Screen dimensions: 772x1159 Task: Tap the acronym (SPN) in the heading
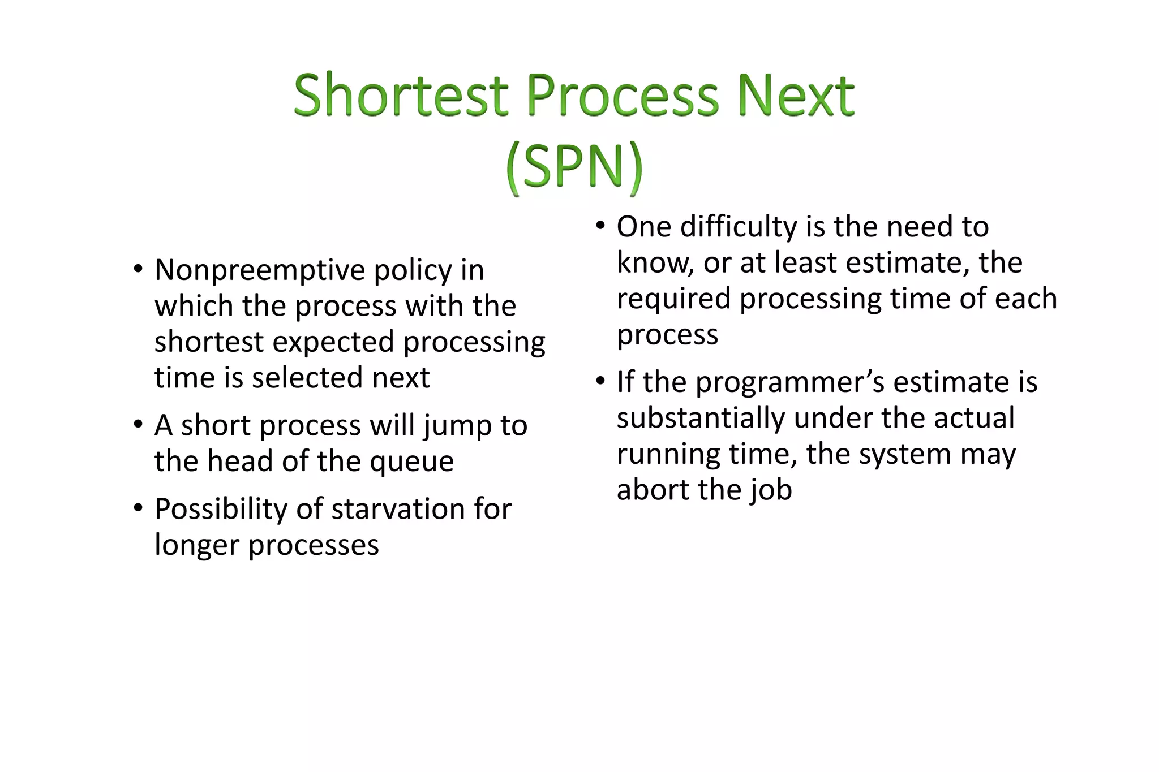tap(574, 166)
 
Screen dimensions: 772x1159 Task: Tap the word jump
tap(457, 426)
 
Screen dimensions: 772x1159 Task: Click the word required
tap(673, 299)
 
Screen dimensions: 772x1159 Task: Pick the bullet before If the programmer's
tap(600, 382)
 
